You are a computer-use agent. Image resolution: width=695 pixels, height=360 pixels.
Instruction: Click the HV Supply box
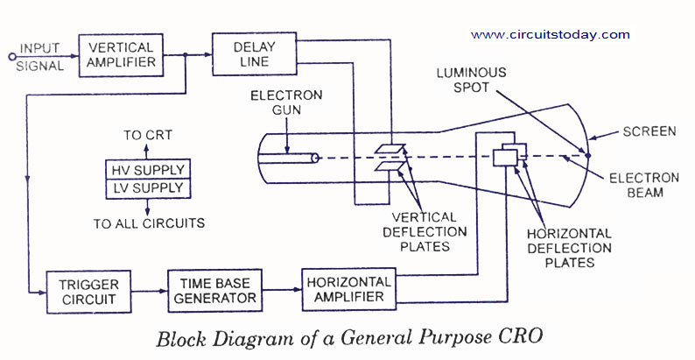click(146, 170)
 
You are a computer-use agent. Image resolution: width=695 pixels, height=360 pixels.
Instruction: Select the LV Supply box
click(146, 188)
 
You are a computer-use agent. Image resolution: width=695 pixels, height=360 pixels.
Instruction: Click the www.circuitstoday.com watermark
click(550, 35)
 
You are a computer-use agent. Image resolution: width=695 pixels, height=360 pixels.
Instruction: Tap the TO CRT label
click(148, 135)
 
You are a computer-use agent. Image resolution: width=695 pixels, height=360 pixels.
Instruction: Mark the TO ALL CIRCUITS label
click(149, 223)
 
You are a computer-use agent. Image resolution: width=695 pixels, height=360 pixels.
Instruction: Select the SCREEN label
click(649, 132)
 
